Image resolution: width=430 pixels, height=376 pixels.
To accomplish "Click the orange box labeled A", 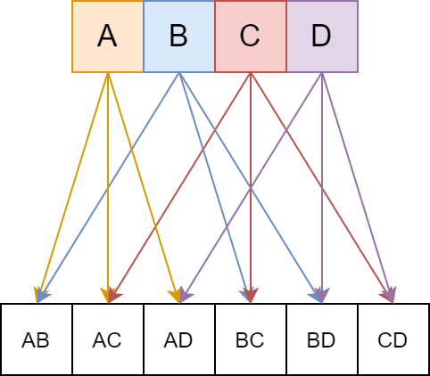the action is (x=108, y=37).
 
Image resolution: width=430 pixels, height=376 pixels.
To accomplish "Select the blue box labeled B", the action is (x=179, y=37).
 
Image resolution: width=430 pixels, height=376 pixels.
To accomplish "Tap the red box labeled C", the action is (x=251, y=37).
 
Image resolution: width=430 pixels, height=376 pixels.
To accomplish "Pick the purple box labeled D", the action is (x=322, y=37).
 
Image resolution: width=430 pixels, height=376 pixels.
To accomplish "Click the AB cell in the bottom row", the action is (x=37, y=339).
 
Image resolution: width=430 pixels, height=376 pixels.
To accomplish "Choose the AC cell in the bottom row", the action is (x=108, y=339).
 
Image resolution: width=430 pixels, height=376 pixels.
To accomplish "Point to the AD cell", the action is (x=179, y=339).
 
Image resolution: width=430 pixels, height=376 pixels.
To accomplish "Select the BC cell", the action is (x=251, y=339).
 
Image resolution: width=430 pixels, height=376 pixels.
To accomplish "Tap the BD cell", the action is (x=322, y=339).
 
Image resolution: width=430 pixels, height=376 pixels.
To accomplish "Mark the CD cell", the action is (x=393, y=339).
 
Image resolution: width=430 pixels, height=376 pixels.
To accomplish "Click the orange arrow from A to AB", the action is (x=72, y=188).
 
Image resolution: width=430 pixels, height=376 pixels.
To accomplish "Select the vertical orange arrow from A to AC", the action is (x=108, y=188).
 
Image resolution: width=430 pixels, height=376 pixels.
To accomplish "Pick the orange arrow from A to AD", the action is (x=144, y=188).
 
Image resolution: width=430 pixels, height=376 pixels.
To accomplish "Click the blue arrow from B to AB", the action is (x=108, y=188).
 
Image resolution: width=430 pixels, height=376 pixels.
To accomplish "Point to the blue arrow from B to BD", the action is (x=251, y=188).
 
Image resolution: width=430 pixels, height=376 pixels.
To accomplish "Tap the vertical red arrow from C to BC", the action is (x=251, y=188).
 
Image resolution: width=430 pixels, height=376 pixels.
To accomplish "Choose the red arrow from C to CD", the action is (x=322, y=188).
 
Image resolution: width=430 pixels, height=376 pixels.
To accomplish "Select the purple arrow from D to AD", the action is (x=251, y=188).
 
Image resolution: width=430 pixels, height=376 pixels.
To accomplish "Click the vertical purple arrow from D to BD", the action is (x=322, y=188).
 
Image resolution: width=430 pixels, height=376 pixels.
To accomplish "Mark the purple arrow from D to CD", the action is (x=358, y=188).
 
